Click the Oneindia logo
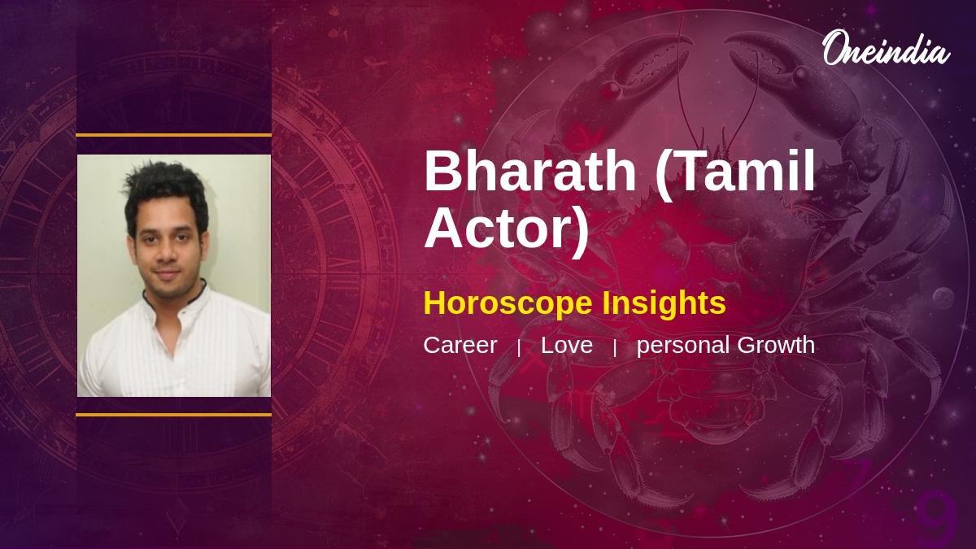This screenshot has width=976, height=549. [885, 50]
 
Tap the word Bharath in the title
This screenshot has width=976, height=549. [529, 172]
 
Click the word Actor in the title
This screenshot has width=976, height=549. [506, 229]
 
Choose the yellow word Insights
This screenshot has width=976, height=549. [664, 303]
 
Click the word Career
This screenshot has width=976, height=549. [460, 345]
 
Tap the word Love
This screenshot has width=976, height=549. [566, 345]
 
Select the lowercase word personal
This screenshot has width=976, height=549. [682, 346]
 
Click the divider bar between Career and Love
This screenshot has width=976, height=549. [519, 347]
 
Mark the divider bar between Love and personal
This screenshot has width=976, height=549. [615, 347]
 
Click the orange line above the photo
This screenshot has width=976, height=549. [173, 135]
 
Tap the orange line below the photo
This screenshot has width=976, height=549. [173, 415]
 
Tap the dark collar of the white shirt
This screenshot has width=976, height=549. [195, 293]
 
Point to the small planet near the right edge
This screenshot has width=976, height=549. [943, 298]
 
